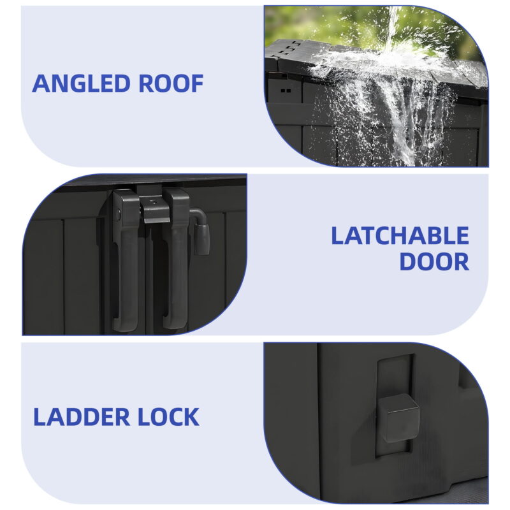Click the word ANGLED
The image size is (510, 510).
click(x=82, y=84)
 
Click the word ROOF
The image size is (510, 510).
click(x=171, y=84)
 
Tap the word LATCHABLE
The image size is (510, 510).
click(x=400, y=236)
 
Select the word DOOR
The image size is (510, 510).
click(x=434, y=261)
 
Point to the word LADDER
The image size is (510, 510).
click(x=82, y=417)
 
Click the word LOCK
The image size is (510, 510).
click(x=169, y=417)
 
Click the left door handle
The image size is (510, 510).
click(x=126, y=259)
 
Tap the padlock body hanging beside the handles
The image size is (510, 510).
click(x=201, y=240)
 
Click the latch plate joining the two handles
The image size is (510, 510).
click(x=156, y=209)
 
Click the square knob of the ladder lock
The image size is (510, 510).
click(x=398, y=418)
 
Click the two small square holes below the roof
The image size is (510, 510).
click(x=286, y=91)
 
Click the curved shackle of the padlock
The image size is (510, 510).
click(x=199, y=215)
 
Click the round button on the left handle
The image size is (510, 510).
click(x=119, y=214)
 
